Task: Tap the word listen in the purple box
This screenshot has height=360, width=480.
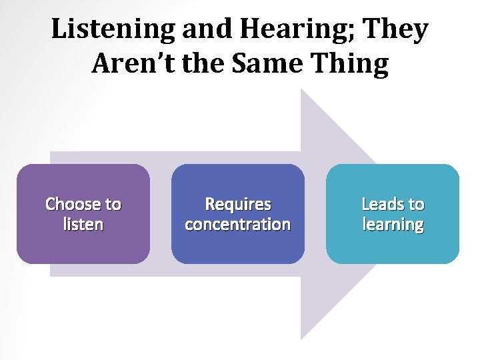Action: click(83, 224)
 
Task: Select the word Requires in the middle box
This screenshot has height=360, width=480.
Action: click(238, 204)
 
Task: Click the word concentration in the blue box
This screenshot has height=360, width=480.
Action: click(238, 224)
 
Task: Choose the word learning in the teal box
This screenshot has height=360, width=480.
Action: click(393, 224)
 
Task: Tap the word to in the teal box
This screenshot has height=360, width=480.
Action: click(416, 204)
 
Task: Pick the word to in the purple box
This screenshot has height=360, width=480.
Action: click(111, 204)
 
